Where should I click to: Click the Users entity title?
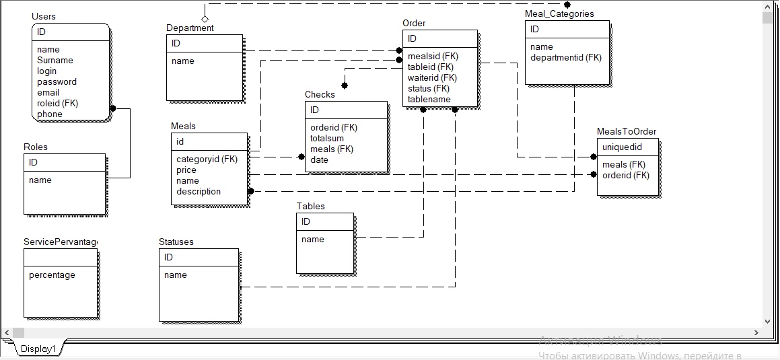click(44, 16)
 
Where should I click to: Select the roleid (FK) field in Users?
click(58, 103)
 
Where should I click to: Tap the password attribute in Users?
click(57, 81)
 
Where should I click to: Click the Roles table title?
click(36, 147)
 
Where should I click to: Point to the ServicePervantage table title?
click(61, 242)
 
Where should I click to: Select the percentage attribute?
click(52, 275)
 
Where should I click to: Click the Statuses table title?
click(176, 242)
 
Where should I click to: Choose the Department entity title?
click(190, 28)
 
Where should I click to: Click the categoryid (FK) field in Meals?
click(207, 159)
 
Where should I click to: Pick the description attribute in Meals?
click(199, 191)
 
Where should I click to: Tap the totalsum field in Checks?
click(327, 138)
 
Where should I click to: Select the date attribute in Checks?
click(319, 159)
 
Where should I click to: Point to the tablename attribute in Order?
click(429, 99)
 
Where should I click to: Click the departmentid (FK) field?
click(566, 57)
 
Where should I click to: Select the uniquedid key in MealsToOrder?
click(622, 147)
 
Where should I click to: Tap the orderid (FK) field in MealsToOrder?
click(625, 175)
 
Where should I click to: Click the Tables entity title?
click(310, 206)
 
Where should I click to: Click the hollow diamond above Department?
click(205, 18)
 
